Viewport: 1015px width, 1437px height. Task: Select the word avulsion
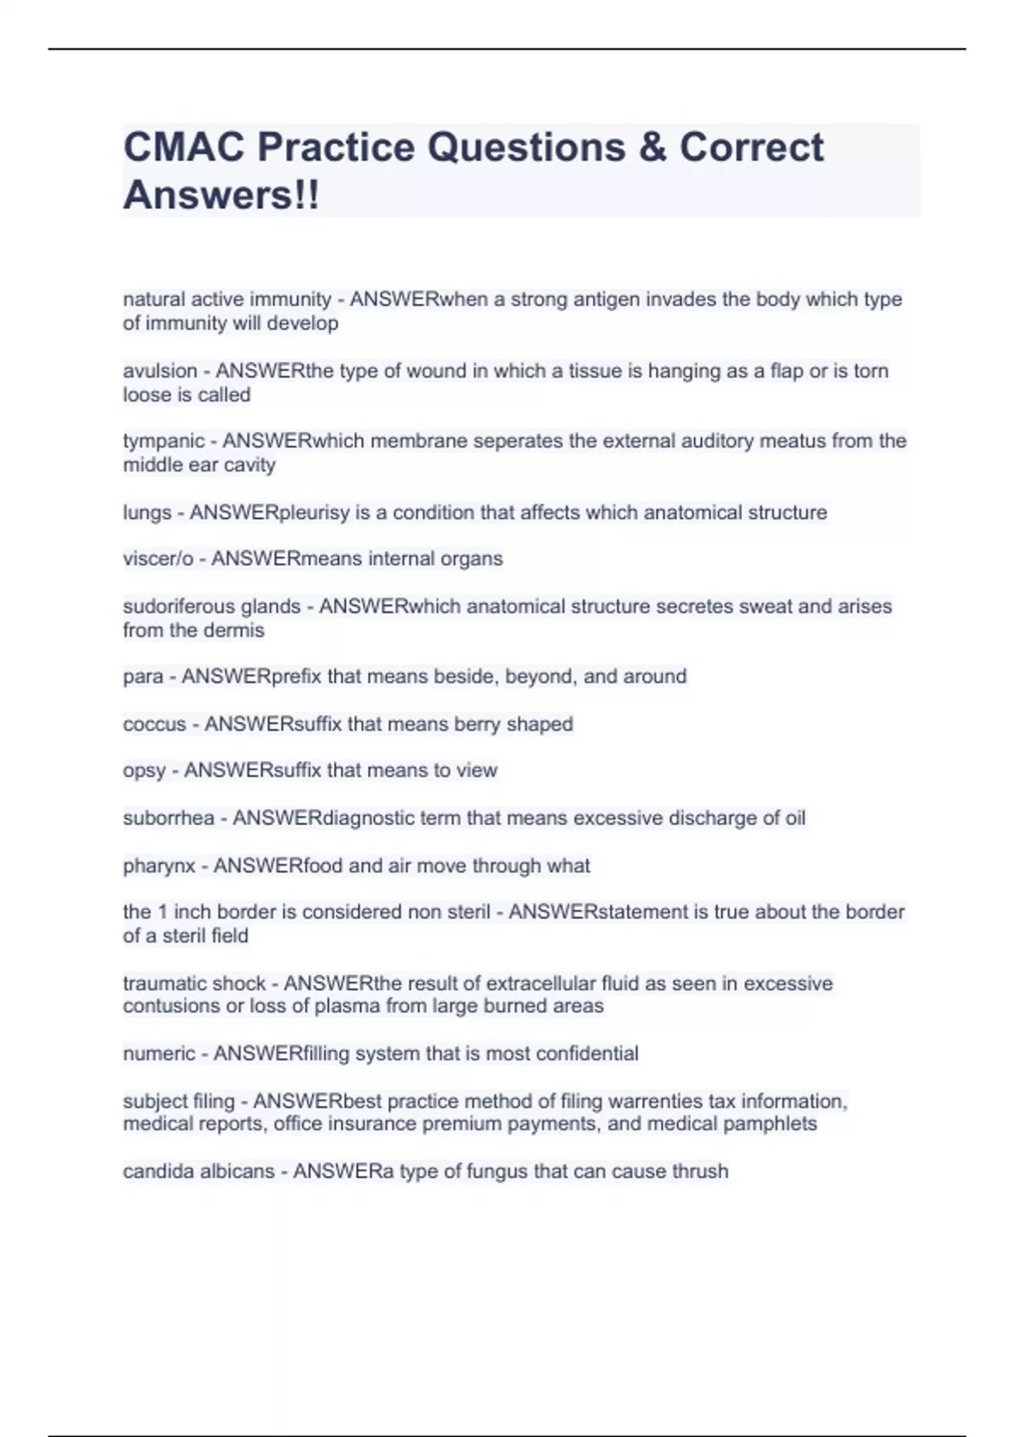(x=159, y=371)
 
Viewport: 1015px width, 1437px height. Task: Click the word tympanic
(x=163, y=441)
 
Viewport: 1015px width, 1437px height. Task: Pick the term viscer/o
(x=157, y=559)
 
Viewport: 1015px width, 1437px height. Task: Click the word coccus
(x=154, y=724)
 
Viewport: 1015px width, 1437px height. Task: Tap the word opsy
(x=144, y=771)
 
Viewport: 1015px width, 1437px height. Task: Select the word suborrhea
(x=168, y=818)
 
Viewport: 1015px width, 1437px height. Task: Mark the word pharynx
(x=159, y=866)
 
